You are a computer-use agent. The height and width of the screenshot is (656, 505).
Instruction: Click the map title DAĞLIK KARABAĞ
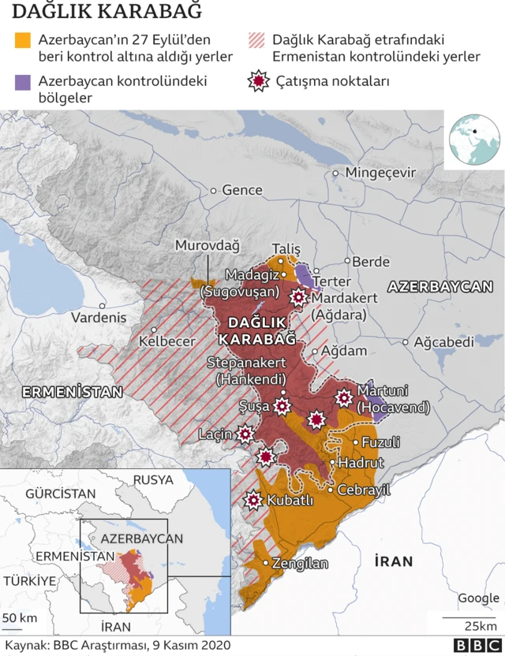[x=107, y=13]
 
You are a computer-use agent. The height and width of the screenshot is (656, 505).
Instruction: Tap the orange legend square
[x=24, y=39]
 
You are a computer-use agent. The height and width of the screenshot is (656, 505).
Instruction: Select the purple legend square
[x=24, y=81]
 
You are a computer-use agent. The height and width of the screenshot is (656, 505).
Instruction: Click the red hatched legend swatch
[x=256, y=40]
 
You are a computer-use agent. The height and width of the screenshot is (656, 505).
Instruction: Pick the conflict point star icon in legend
[x=257, y=81]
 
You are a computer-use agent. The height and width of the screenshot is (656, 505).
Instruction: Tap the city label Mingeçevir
[x=380, y=173]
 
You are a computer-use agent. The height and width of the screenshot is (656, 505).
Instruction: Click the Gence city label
[x=241, y=190]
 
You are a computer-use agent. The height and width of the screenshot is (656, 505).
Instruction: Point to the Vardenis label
[x=98, y=318]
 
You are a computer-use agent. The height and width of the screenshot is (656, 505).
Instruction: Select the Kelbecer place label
[x=166, y=342]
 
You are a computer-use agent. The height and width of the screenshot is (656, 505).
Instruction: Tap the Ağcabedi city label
[x=443, y=342]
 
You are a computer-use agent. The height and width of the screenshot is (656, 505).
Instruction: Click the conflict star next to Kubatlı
[x=253, y=500]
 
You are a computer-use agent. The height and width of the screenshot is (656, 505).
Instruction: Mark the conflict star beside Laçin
[x=245, y=433]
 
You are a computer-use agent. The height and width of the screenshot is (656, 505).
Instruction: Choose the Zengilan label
[x=300, y=564]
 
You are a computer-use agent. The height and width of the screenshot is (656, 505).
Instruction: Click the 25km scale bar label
[x=481, y=626]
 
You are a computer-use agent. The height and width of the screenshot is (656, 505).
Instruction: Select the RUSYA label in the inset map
[x=153, y=479]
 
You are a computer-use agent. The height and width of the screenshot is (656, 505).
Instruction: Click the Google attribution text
[x=478, y=598]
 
